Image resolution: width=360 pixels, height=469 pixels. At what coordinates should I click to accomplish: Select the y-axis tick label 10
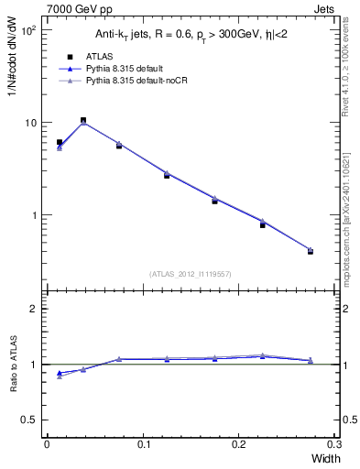[29, 123]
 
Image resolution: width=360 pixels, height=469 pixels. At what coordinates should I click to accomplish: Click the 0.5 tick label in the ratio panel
[28, 420]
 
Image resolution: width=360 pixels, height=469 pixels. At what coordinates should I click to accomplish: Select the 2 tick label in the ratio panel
[33, 309]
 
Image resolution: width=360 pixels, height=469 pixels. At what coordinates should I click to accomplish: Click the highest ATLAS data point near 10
[83, 120]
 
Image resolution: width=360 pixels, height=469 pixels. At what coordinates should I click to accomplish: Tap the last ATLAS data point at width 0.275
[311, 251]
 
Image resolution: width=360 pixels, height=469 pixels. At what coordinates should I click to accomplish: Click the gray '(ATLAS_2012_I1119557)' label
[189, 273]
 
